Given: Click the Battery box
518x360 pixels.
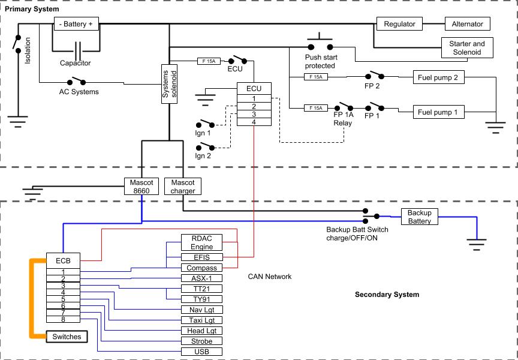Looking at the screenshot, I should (x=76, y=25).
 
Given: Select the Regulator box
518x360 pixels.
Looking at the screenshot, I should (x=399, y=24).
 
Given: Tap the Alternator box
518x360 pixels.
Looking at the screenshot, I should (x=468, y=24).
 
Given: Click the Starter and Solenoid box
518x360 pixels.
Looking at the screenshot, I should (x=467, y=48).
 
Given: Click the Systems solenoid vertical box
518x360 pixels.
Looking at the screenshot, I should (x=170, y=85).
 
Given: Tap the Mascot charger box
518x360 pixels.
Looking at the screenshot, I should (x=182, y=187).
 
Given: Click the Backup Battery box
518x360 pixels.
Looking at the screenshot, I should (x=420, y=217).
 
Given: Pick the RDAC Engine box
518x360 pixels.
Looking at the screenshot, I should (x=201, y=242).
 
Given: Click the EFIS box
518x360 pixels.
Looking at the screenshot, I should (x=201, y=257).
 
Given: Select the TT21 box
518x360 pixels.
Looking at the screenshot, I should (x=201, y=289).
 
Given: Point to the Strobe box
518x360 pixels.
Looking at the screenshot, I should (x=201, y=341).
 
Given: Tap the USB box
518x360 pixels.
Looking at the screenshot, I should (x=201, y=351).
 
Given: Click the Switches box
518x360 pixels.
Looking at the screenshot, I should (x=67, y=337).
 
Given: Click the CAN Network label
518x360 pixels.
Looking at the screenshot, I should (x=269, y=277).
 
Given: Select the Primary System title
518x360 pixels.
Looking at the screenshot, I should (x=32, y=10).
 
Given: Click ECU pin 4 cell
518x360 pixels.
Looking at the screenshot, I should (x=254, y=122).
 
